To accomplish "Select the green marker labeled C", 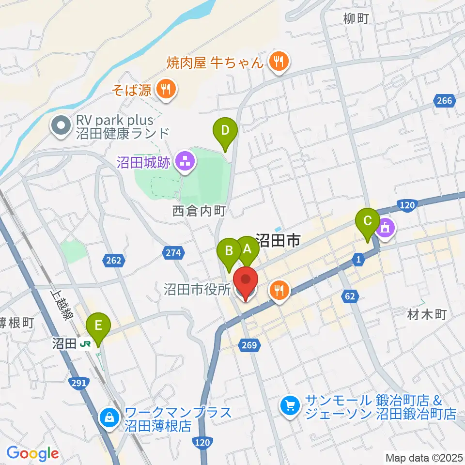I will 367,221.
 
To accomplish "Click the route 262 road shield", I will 112,261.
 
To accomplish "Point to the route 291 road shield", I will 80,383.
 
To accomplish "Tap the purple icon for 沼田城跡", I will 184,162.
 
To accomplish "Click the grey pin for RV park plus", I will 61,126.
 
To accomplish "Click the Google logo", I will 32,454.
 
